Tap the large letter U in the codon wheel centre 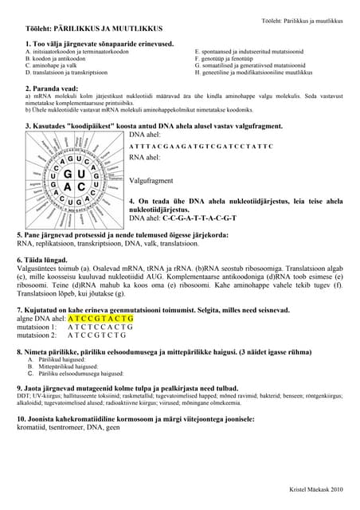[x=82, y=174]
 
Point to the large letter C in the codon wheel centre [x=82, y=188]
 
